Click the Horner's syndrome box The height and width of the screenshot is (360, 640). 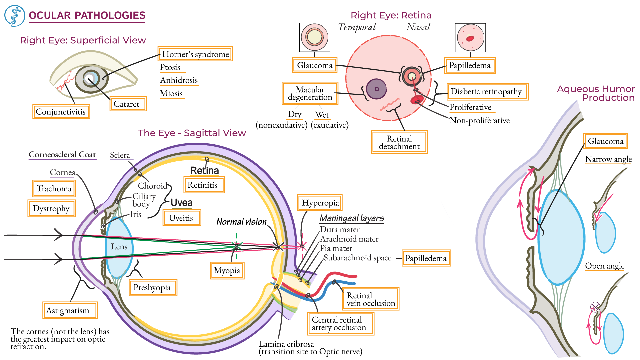[195, 54]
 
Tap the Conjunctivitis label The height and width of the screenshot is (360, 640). [61, 112]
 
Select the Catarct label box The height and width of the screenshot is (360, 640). [128, 104]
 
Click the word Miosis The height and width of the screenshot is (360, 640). [171, 94]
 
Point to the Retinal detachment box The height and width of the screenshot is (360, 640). [399, 142]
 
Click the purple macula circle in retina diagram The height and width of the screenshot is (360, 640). [376, 89]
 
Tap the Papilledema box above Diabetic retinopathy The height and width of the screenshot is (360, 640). [470, 65]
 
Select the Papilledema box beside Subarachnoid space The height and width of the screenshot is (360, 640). [426, 258]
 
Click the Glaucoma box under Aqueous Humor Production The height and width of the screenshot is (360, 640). [605, 141]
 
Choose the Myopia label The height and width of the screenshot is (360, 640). [227, 270]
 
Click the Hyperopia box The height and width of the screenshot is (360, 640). [320, 203]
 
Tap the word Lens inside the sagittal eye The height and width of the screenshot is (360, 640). [119, 247]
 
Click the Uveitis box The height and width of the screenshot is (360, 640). [182, 218]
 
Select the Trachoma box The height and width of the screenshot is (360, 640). [54, 189]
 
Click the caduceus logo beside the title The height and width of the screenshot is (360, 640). [15, 16]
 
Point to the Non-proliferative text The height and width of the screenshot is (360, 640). [479, 121]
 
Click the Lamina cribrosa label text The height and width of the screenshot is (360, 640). [286, 344]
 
